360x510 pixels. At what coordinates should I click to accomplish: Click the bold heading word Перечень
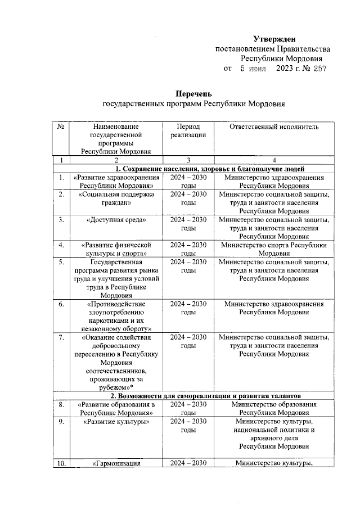[x=193, y=93]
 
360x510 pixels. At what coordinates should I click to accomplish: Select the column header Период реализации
[x=188, y=131]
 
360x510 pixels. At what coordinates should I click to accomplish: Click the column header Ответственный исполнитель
[x=274, y=127]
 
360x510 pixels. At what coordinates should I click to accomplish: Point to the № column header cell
[x=60, y=127]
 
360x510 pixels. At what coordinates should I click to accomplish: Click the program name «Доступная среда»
[x=116, y=220]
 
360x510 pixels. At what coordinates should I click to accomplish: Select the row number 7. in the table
[x=60, y=337]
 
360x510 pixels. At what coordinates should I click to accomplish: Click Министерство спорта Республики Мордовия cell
[x=274, y=249]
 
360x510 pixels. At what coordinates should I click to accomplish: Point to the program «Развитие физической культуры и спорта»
[x=116, y=249]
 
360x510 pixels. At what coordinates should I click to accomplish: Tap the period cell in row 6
[x=188, y=308]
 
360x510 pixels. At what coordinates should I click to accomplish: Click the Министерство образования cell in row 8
[x=274, y=408]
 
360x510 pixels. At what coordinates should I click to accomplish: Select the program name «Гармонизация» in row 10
[x=116, y=463]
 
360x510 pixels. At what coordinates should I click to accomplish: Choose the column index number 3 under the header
[x=188, y=160]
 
